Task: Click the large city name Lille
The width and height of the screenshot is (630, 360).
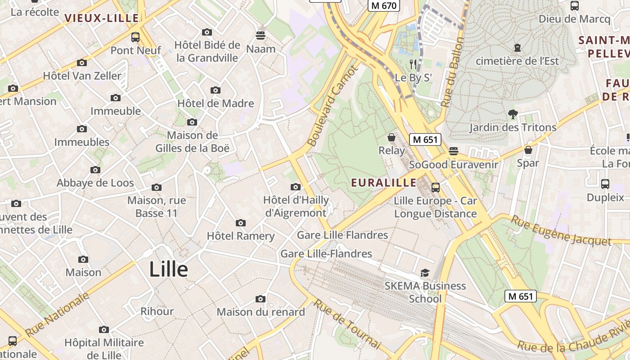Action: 168,270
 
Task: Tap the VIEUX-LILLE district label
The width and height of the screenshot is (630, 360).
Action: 102,18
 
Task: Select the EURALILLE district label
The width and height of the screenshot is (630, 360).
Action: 384,183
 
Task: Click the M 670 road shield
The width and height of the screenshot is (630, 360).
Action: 384,6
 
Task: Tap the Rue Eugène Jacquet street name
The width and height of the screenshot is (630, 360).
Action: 561,231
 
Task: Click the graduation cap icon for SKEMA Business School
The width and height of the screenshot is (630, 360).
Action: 425,273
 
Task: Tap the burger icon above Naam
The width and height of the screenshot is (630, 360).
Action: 261,35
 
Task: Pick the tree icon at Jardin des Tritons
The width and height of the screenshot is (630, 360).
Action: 513,114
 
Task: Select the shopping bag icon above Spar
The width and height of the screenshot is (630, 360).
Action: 528,149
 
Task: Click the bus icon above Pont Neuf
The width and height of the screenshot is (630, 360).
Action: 135,37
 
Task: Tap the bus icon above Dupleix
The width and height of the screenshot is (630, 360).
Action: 605,184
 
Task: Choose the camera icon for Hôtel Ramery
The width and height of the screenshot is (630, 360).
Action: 241,223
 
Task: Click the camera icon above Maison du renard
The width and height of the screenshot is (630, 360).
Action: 261,299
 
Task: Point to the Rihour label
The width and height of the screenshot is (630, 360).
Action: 157,311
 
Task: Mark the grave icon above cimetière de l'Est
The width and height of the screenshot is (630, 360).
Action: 517,47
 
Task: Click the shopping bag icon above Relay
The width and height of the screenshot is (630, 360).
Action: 391,137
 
